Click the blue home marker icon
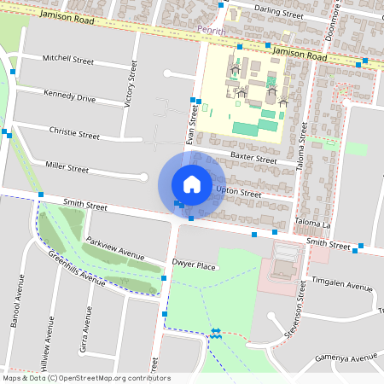191,183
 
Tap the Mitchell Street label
69,61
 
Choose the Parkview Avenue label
115,247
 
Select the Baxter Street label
253,159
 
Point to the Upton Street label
238,193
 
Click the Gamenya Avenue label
345,358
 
